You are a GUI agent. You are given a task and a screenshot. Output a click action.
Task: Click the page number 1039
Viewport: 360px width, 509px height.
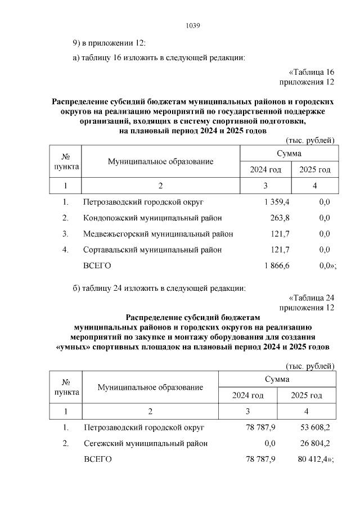point(193,26)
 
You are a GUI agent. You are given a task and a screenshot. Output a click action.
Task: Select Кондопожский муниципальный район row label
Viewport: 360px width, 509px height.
point(152,218)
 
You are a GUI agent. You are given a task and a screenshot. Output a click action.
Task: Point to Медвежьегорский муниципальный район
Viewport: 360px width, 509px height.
point(158,233)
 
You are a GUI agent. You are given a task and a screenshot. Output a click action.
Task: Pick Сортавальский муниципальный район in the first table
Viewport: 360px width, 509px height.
point(152,249)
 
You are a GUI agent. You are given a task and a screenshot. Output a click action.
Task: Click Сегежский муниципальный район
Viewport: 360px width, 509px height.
point(145,443)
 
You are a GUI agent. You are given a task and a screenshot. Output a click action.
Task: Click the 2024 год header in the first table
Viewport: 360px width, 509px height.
point(265,170)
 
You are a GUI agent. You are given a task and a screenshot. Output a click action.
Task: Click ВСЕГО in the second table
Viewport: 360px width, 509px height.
point(97,460)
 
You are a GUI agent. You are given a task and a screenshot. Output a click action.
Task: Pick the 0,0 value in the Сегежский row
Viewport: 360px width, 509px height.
point(269,443)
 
